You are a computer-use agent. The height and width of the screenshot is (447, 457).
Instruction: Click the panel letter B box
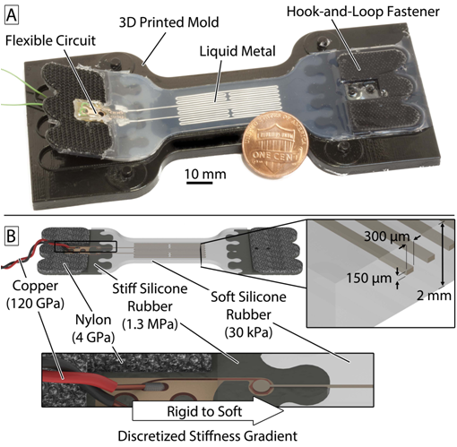(x=12, y=236)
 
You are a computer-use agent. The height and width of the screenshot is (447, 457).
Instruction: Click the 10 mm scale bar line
(x=199, y=182)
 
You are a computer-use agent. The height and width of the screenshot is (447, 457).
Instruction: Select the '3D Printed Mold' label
(x=168, y=22)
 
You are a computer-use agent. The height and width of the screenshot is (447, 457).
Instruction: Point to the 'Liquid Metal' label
(x=237, y=51)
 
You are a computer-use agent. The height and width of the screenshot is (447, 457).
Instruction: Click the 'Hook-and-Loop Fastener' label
(x=363, y=12)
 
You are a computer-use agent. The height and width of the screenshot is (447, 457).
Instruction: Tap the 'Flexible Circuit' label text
(x=50, y=40)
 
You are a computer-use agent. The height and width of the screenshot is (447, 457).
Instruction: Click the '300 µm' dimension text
(x=386, y=236)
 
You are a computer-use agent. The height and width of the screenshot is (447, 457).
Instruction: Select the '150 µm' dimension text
(x=369, y=279)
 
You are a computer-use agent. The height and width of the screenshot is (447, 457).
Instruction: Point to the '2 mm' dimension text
(x=434, y=296)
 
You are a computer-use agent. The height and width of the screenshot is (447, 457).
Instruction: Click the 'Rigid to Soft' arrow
(x=208, y=411)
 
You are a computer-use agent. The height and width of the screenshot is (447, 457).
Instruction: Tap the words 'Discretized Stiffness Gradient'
(x=208, y=435)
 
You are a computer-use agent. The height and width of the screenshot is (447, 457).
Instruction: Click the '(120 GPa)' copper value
(x=35, y=304)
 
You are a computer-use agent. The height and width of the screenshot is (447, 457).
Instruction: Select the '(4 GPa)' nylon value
(x=93, y=338)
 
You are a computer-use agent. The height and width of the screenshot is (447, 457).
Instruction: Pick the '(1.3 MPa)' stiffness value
(x=150, y=324)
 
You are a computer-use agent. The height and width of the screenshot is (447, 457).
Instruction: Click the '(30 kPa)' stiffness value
(x=248, y=332)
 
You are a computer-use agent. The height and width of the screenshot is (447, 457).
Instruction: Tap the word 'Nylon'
(x=93, y=320)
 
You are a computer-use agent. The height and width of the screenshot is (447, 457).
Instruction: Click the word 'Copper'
(x=35, y=286)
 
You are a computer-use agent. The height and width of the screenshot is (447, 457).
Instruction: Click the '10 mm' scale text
(x=205, y=174)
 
